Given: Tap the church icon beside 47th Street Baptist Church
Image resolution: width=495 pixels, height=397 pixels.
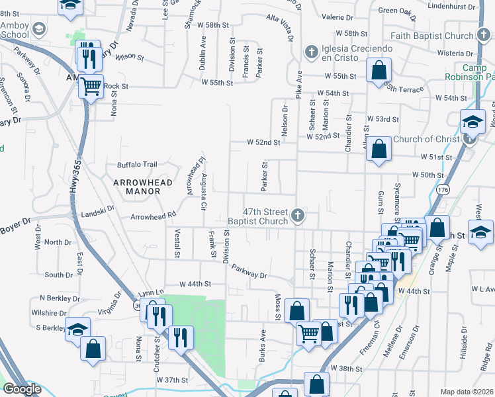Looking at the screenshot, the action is pyautogui.click(x=298, y=215).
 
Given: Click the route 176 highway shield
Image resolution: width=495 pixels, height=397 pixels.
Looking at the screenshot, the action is pyautogui.click(x=442, y=191).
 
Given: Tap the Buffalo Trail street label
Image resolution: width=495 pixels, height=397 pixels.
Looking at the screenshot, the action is pyautogui.click(x=137, y=165).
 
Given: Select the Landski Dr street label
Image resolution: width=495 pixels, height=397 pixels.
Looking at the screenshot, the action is pyautogui.click(x=98, y=210).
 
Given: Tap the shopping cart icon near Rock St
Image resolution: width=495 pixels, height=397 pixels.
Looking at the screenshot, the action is pyautogui.click(x=92, y=85).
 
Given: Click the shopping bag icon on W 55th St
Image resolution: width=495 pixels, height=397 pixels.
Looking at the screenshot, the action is pyautogui.click(x=379, y=71).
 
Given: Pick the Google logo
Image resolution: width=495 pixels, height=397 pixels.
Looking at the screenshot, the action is pyautogui.click(x=22, y=389).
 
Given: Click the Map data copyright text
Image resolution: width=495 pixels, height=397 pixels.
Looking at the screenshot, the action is pyautogui.click(x=466, y=391).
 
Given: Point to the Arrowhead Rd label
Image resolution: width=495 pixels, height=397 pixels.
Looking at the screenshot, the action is pyautogui.click(x=153, y=216).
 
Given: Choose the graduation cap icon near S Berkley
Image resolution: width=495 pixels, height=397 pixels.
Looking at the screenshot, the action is pyautogui.click(x=77, y=329).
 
